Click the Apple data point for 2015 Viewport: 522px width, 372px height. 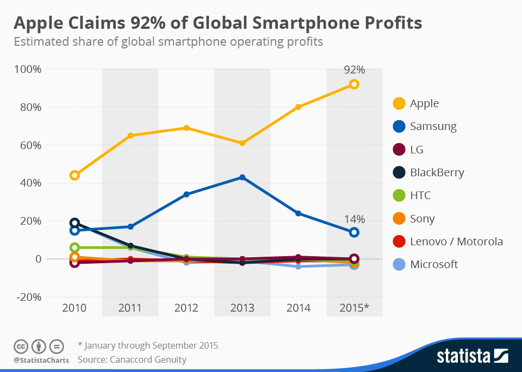click(354, 84)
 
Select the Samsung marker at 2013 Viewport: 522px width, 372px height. click(242, 177)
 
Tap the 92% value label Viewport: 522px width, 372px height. click(354, 70)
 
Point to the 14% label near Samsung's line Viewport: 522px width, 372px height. click(354, 219)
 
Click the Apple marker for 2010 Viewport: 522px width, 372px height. click(74, 175)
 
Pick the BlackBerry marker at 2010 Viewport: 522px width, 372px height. click(74, 223)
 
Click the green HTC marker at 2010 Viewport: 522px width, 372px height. click(74, 247)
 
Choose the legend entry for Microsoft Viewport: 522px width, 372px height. click(433, 264)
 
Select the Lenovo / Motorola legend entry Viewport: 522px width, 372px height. click(456, 241)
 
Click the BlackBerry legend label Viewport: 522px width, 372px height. click(437, 173)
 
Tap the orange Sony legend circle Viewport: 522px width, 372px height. click(399, 219)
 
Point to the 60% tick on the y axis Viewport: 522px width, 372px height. click(30, 145)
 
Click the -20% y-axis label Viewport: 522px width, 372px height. click(29, 297)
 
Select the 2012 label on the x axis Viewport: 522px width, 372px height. click(186, 308)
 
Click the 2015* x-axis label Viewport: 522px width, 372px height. click(354, 308)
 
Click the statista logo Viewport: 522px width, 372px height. click(472, 356)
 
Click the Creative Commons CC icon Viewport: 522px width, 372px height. click(20, 346)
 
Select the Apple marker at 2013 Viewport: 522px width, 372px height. click(242, 143)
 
